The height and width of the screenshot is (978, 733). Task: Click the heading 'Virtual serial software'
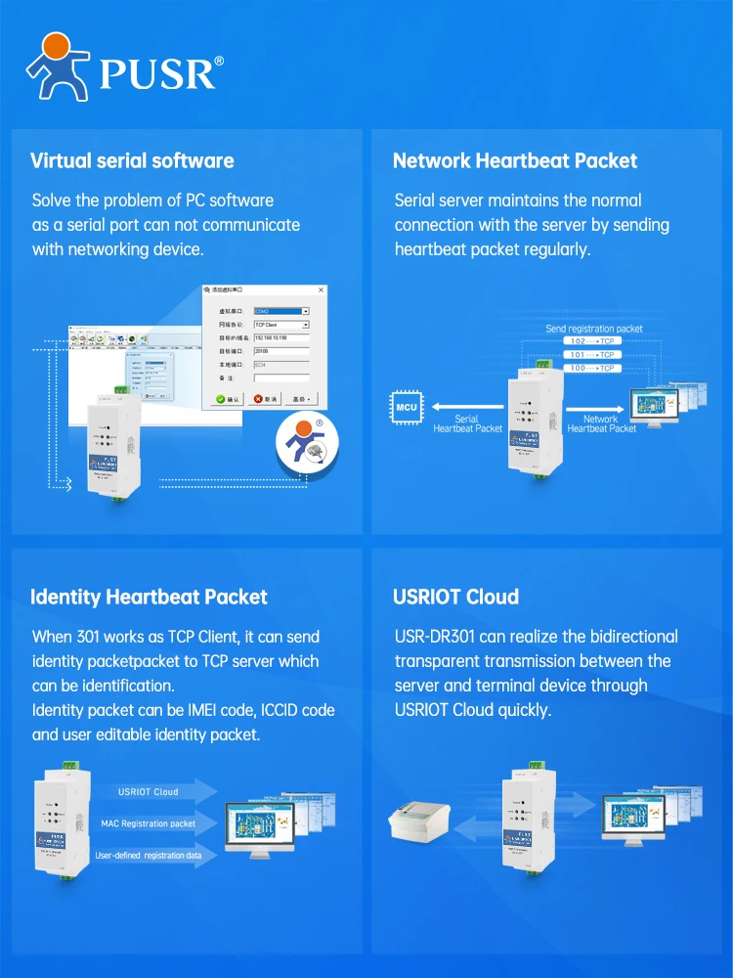[x=132, y=160]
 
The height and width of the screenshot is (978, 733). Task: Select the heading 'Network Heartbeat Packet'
[x=514, y=160]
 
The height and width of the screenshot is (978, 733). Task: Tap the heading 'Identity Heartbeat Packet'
[x=149, y=597]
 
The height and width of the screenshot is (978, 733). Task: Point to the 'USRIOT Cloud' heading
[x=455, y=597]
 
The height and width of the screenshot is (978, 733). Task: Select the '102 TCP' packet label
[x=592, y=341]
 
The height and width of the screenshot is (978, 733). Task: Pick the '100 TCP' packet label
[x=592, y=368]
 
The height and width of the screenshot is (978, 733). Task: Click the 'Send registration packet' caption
[x=594, y=329]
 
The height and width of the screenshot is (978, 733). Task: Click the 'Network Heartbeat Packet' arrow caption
[x=601, y=423]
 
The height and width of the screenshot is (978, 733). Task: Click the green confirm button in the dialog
[x=229, y=399]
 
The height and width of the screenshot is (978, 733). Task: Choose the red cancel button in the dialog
[x=265, y=399]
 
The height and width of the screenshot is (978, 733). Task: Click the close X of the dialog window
[x=321, y=290]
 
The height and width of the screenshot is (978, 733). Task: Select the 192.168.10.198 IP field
[x=281, y=337]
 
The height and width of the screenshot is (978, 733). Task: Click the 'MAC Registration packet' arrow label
[x=148, y=823]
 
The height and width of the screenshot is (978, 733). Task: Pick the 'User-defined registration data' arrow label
[x=149, y=856]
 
